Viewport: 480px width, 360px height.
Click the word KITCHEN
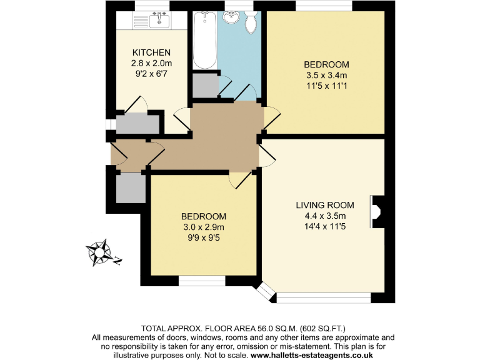click(x=151, y=52)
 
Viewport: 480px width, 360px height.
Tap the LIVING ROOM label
click(x=325, y=205)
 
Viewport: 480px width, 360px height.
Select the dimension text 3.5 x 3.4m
click(x=326, y=76)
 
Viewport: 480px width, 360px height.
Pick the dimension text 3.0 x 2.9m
click(x=203, y=227)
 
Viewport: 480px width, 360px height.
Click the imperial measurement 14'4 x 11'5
click(x=325, y=227)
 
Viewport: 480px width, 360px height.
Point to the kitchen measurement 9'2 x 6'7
click(x=151, y=74)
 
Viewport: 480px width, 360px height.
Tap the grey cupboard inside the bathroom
click(x=204, y=86)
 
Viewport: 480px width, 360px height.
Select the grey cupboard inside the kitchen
click(x=137, y=124)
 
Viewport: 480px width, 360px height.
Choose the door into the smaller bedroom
click(x=240, y=180)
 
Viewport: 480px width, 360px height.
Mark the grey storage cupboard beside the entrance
click(x=130, y=187)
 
